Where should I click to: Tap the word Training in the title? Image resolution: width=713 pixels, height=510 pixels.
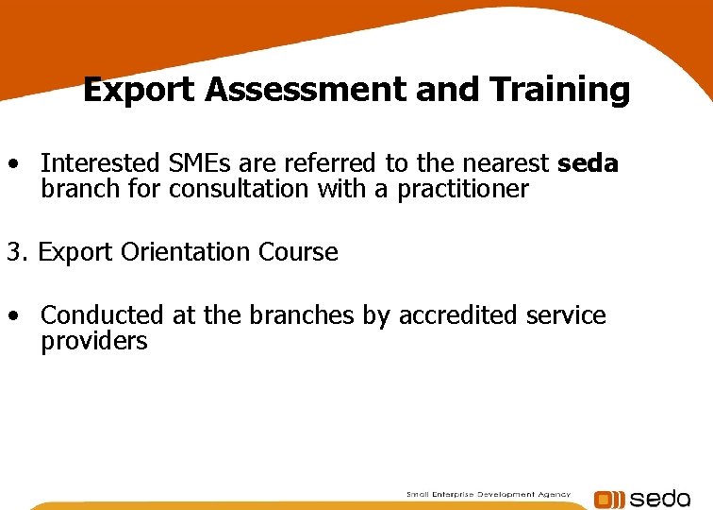click(559, 91)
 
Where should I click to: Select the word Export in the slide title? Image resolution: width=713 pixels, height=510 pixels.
click(140, 91)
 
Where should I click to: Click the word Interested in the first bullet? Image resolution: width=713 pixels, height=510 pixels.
click(97, 164)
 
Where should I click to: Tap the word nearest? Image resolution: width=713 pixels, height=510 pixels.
click(504, 164)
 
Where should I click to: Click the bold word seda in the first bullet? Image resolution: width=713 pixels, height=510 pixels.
click(588, 164)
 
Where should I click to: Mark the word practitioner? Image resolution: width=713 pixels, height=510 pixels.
click(463, 189)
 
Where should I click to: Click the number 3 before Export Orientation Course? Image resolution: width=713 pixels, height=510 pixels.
click(13, 252)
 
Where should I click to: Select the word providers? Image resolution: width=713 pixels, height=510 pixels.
click(94, 341)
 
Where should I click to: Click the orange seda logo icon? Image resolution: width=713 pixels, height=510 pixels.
click(608, 499)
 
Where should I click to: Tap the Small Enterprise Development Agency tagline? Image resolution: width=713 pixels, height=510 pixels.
click(489, 494)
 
